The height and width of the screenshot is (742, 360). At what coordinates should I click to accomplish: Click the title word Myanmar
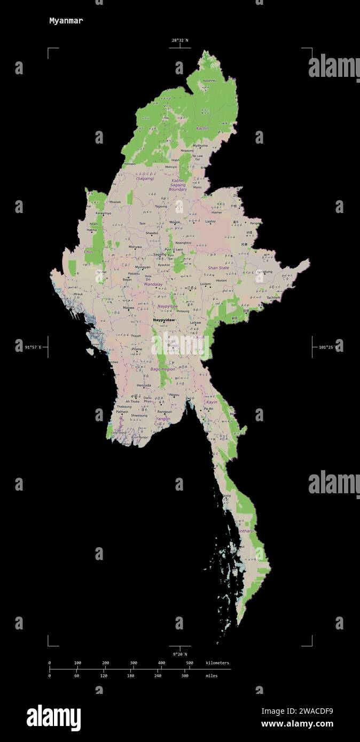(66, 21)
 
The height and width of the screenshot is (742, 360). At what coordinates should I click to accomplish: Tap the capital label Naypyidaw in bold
(164, 320)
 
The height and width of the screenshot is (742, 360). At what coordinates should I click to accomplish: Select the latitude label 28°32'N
(180, 40)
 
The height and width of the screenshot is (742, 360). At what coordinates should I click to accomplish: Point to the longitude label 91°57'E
(33, 347)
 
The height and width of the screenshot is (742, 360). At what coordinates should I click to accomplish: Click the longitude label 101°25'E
(327, 347)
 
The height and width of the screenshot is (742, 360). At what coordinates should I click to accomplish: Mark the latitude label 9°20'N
(180, 654)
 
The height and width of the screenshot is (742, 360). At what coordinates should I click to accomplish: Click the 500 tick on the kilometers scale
(189, 663)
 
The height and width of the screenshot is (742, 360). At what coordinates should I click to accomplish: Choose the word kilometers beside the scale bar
(217, 663)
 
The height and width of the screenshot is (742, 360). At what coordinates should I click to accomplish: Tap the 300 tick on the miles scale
(185, 675)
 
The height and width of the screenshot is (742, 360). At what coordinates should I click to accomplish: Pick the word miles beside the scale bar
(212, 675)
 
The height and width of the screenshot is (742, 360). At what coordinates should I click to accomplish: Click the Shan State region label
(218, 268)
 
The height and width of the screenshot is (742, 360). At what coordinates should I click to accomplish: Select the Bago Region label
(163, 369)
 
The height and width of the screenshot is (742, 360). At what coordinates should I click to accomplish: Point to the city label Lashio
(210, 221)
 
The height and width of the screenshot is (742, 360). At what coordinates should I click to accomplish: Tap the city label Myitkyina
(200, 145)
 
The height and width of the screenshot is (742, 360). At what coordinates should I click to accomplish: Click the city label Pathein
(122, 412)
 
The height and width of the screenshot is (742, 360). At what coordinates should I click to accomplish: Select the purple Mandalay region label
(153, 285)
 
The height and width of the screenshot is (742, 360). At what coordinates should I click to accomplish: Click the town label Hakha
(92, 230)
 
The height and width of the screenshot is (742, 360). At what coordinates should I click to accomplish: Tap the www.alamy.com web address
(297, 724)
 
